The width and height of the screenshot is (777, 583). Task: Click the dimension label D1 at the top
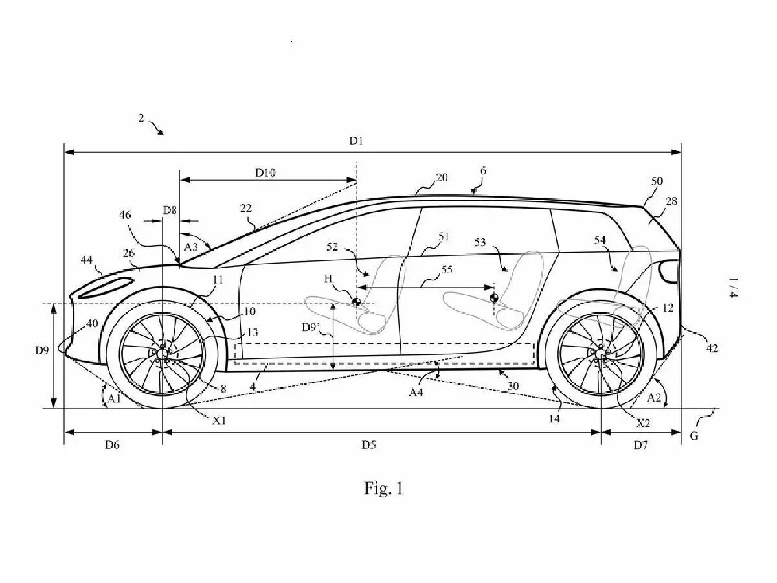(355, 141)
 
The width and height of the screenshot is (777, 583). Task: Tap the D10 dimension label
(265, 172)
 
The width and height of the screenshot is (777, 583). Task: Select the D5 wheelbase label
(368, 445)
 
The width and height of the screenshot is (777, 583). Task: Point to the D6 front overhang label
(112, 445)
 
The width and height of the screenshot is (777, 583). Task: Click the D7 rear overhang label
(640, 445)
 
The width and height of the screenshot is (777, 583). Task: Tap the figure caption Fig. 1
(383, 488)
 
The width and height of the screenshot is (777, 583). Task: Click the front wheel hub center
(161, 352)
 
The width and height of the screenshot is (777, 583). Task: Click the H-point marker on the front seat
(356, 301)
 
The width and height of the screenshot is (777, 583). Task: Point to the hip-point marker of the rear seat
(494, 298)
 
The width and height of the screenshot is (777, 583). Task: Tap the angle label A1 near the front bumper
(115, 400)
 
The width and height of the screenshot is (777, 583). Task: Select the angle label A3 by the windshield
(191, 247)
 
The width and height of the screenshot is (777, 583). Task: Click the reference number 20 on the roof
(442, 177)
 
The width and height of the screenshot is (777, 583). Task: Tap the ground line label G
(693, 436)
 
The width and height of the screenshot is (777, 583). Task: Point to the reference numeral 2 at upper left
(141, 118)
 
